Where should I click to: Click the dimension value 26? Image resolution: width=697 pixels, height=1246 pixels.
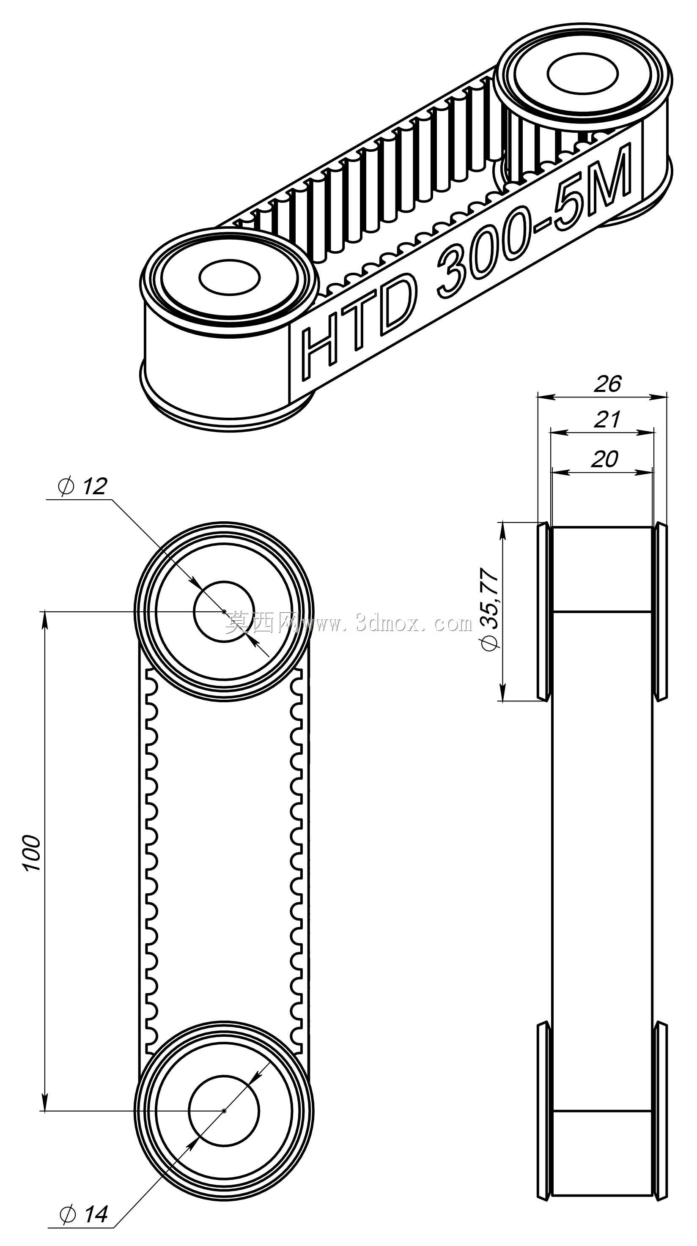(607, 383)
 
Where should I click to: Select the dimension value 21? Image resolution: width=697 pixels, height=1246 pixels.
(606, 419)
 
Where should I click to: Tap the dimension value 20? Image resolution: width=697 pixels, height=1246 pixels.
(605, 459)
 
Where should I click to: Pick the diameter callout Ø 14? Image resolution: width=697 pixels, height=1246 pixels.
(83, 1213)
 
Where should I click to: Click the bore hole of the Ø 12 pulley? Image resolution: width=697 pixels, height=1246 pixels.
(224, 612)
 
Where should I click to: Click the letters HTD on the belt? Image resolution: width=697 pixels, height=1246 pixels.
(358, 326)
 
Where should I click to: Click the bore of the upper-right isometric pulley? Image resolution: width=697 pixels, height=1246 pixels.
(582, 74)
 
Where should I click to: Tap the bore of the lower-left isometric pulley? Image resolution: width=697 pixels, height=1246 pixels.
(229, 277)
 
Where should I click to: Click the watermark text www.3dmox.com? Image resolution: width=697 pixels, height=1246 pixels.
(387, 624)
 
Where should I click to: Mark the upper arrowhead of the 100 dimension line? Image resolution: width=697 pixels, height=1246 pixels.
(45, 619)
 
